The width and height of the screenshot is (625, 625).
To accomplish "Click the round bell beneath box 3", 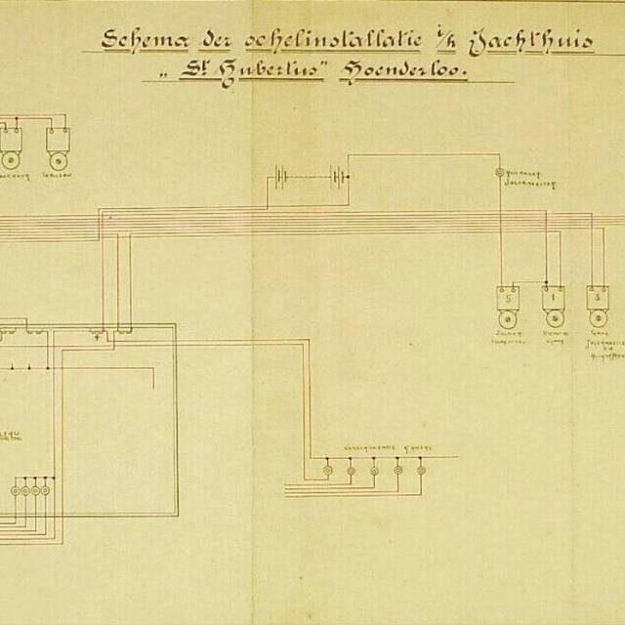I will [x=597, y=318].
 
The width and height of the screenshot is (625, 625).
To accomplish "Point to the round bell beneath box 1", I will [x=553, y=318].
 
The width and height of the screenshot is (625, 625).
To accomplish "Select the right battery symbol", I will [x=338, y=179].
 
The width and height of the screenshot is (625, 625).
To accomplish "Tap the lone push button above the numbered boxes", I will [x=499, y=173].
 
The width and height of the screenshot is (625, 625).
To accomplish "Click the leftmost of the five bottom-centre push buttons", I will [x=327, y=470].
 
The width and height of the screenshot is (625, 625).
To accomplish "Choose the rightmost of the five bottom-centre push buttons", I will [x=421, y=470].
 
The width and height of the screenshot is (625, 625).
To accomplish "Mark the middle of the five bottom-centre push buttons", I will [x=374, y=470].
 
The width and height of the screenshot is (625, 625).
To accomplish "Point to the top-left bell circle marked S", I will [x=59, y=160].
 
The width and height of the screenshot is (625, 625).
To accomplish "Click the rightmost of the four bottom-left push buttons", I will [x=46, y=489].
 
